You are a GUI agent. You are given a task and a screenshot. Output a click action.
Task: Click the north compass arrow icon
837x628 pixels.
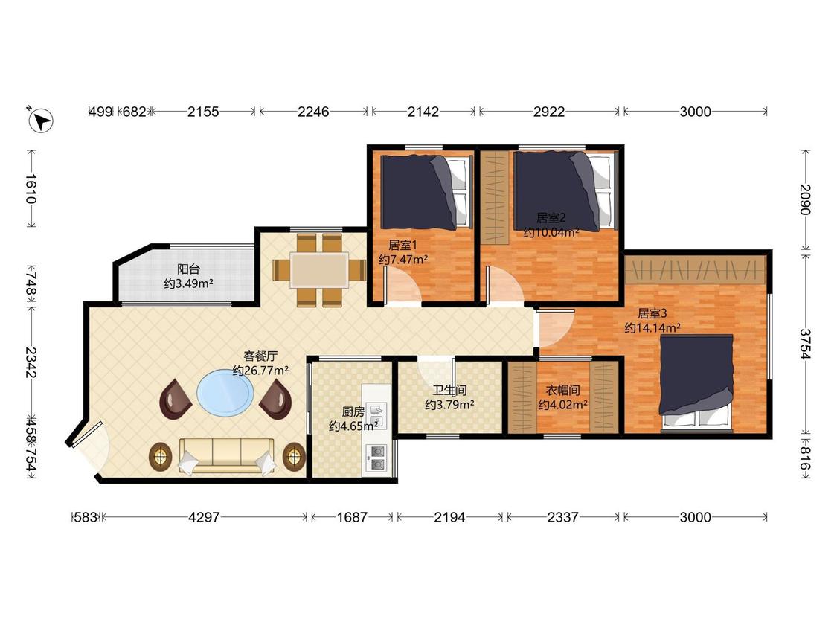[41, 119]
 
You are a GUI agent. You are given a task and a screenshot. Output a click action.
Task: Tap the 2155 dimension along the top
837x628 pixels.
[203, 112]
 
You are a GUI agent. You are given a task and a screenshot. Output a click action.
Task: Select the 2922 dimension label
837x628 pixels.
[549, 112]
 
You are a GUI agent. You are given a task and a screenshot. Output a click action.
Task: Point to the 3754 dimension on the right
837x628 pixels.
[805, 344]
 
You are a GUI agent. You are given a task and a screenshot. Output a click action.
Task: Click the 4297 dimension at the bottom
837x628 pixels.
[204, 517]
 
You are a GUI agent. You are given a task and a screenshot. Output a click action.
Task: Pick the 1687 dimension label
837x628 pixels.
[352, 517]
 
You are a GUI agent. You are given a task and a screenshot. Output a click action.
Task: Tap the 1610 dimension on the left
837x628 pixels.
[31, 189]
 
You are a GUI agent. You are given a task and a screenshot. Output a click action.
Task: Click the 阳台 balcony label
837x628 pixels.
[188, 269]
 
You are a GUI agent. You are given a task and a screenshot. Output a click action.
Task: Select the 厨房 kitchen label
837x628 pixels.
[353, 411]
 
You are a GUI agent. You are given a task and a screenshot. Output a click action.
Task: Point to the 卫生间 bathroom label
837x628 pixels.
[449, 391]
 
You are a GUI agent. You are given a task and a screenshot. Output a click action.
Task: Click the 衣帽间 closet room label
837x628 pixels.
[562, 391]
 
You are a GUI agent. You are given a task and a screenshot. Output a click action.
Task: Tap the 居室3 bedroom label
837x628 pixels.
[652, 313]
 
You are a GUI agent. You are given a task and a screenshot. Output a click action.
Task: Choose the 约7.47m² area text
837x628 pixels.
[403, 260]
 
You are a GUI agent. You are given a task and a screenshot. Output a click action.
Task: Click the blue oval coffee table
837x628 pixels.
[225, 393]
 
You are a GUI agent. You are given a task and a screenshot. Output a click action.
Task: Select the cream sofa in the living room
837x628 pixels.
[226, 455]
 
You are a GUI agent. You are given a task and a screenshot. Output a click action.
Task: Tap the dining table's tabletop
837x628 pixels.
[319, 269]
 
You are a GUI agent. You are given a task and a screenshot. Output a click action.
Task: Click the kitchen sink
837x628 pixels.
[376, 415]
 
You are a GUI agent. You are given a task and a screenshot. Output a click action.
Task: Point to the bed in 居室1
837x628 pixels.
[426, 192]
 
